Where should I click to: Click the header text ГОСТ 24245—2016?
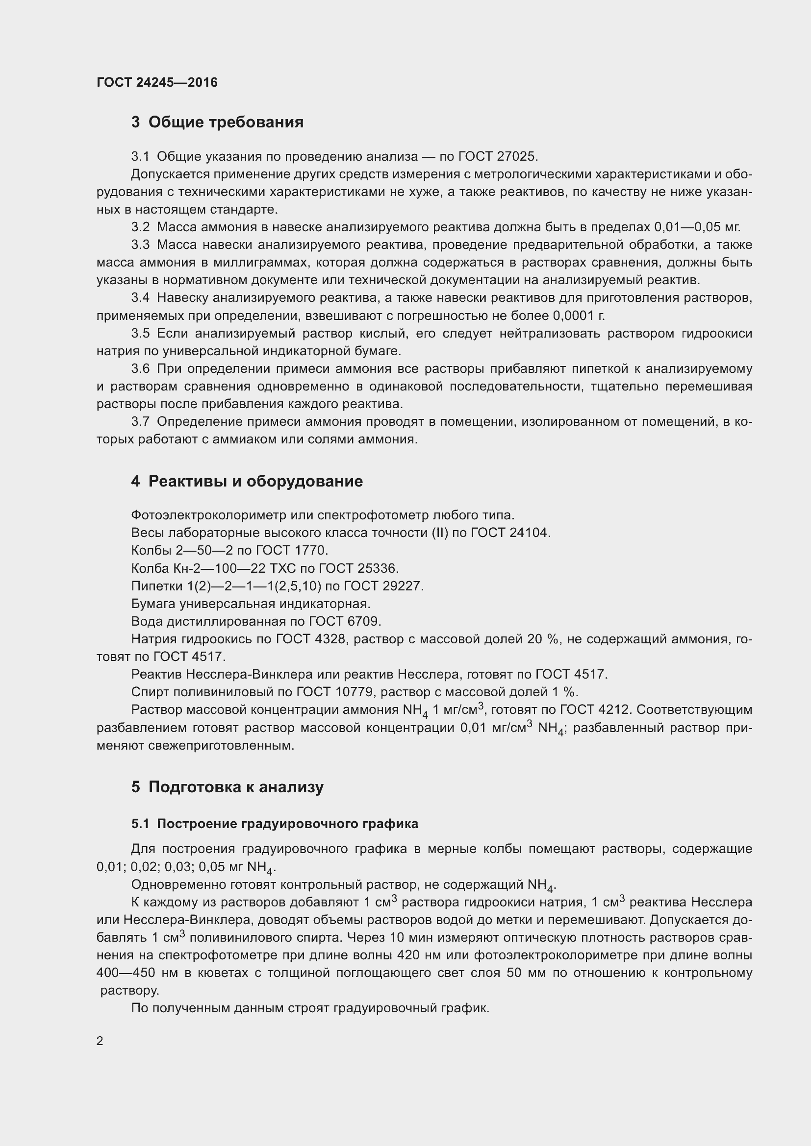click(157, 82)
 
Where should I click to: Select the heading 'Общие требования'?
click(226, 122)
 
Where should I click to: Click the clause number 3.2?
click(140, 227)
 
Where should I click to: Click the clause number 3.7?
click(140, 422)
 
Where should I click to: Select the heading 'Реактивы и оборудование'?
click(255, 481)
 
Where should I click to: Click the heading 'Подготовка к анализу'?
click(236, 787)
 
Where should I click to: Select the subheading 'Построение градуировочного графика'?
click(287, 824)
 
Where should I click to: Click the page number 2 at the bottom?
click(100, 1041)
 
